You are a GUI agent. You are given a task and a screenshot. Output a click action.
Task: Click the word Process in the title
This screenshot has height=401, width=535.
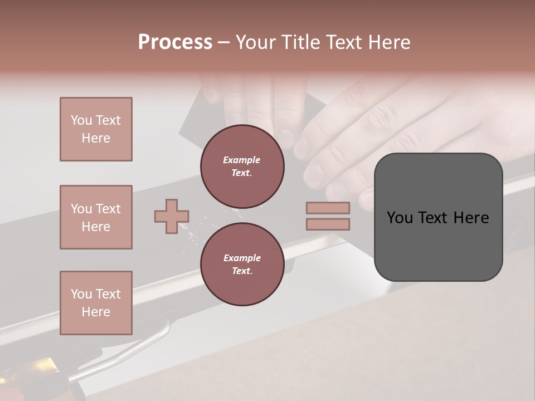(175, 42)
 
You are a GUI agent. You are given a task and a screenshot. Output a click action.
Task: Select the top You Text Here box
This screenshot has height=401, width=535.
(96, 129)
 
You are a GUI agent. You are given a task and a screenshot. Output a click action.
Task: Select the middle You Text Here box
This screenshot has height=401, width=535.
(96, 217)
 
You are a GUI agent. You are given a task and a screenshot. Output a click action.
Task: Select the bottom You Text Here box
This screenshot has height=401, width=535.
(96, 303)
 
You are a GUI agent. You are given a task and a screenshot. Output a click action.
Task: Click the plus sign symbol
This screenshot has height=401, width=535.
(172, 216)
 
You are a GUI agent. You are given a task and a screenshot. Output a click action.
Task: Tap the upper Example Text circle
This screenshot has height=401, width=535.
(242, 167)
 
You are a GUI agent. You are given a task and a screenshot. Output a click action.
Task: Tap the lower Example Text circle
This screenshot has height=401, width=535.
(242, 265)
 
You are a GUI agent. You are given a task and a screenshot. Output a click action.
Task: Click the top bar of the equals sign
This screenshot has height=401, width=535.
(328, 208)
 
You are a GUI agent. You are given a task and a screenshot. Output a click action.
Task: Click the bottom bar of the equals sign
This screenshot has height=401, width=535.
(328, 224)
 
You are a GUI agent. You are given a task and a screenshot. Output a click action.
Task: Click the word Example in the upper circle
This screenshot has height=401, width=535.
(242, 160)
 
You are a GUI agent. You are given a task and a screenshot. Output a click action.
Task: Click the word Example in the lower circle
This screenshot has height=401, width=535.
(242, 258)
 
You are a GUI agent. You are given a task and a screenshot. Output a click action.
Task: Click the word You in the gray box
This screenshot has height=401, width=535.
(400, 218)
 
